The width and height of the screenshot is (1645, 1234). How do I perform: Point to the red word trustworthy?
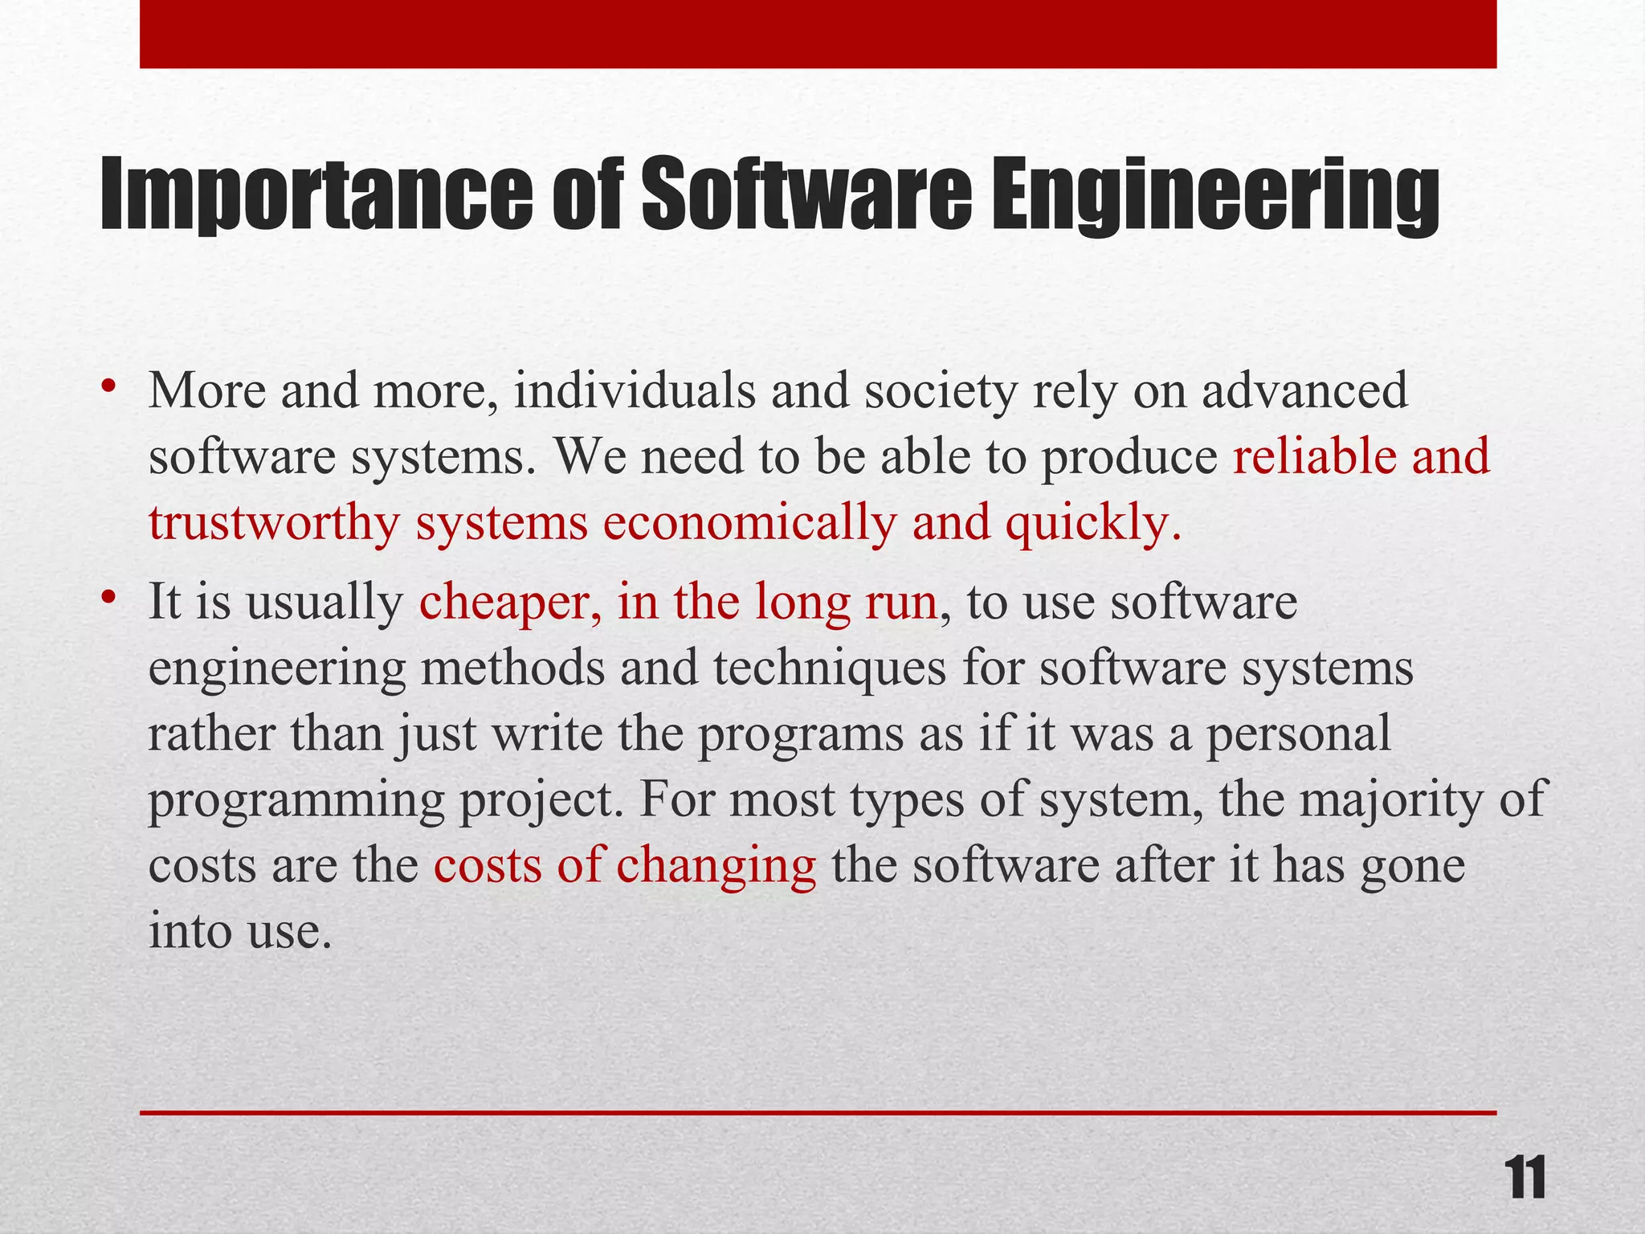point(274,524)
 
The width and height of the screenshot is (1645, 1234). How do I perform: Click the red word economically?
point(749,524)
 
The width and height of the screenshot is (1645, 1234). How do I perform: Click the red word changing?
point(716,866)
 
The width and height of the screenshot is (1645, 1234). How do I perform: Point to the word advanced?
point(1304,390)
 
